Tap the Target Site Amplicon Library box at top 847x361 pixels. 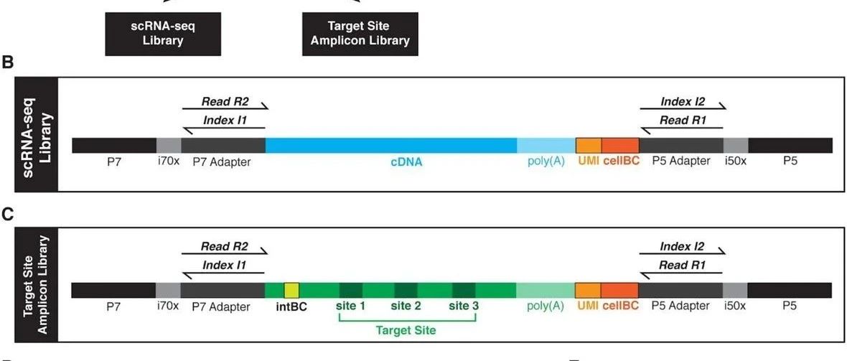(360, 33)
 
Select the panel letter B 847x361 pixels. (9, 63)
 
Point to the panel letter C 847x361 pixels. (9, 215)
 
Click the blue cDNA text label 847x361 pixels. (406, 162)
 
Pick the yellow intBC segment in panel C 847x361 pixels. (291, 290)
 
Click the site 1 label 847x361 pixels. (351, 306)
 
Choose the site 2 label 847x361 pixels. (406, 306)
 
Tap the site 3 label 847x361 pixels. (464, 306)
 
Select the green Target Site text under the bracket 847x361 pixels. (406, 330)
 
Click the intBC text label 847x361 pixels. (291, 306)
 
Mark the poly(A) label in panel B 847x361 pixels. (546, 161)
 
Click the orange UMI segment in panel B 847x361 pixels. (589, 145)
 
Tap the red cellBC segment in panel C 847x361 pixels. (620, 290)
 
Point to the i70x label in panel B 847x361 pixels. (168, 161)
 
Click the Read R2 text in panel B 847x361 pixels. (224, 103)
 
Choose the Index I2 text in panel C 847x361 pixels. (682, 247)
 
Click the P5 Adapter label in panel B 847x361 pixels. (680, 161)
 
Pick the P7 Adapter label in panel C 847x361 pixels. (222, 306)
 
